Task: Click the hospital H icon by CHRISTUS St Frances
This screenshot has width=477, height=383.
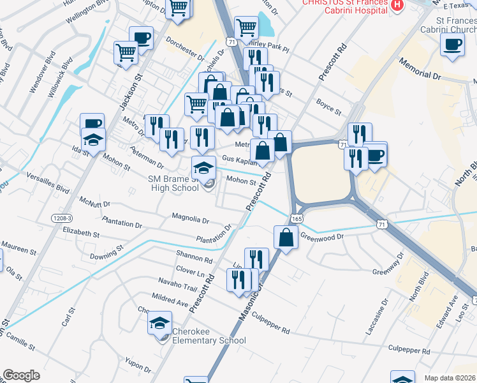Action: coord(397,5)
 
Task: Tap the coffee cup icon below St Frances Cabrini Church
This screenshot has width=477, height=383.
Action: coord(452,45)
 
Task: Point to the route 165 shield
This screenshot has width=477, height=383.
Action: coord(297,218)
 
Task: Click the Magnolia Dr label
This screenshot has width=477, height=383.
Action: coord(191,219)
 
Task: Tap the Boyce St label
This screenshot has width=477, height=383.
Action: coord(329,107)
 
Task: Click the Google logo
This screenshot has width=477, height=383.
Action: coord(21,375)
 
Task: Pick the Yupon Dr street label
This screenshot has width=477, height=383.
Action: coord(138,365)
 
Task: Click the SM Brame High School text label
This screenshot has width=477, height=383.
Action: coord(175,184)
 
